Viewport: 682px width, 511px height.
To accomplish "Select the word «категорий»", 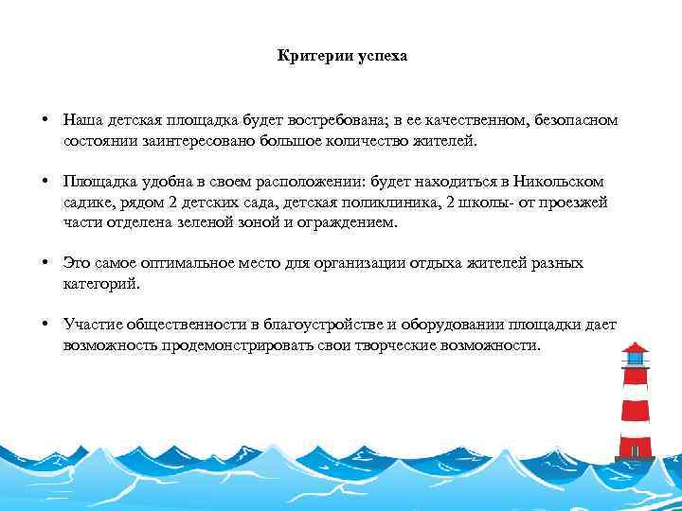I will click(x=100, y=283).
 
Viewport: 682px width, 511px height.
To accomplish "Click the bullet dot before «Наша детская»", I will click(x=45, y=121).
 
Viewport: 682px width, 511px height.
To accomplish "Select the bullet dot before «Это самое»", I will click(x=45, y=262).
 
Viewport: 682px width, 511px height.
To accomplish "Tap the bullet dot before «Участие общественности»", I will click(x=45, y=324).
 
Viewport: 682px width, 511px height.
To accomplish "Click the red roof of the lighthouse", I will click(x=635, y=348).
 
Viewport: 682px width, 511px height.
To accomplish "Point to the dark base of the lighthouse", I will click(x=635, y=458).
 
